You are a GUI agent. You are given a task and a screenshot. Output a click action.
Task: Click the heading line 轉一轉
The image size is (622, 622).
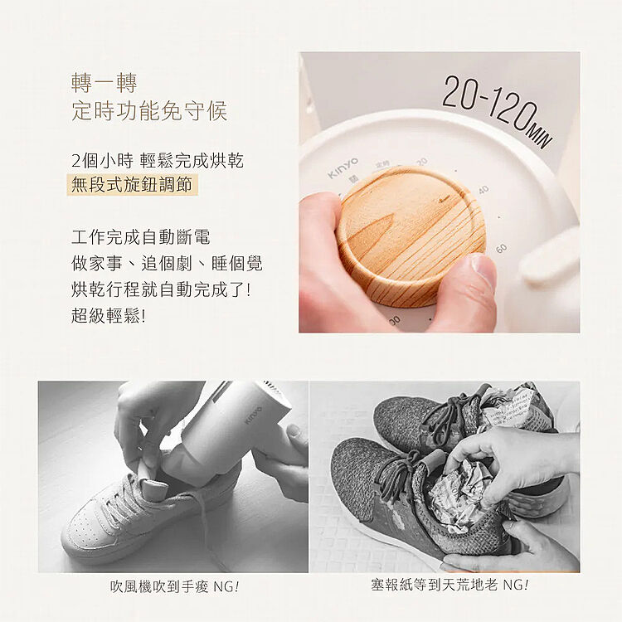point(104,83)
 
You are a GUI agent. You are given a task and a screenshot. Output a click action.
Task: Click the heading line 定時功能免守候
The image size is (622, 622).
point(149,110)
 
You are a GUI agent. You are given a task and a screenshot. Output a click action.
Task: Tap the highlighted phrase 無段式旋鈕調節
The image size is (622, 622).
point(132,185)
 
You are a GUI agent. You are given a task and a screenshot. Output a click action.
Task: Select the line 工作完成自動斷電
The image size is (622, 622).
point(140,237)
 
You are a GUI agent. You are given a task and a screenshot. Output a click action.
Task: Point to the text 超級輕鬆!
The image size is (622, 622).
point(109,316)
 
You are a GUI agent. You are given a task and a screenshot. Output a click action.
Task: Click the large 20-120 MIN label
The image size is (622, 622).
point(497,111)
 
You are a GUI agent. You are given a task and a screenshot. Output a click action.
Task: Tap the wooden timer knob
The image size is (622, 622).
point(411,235)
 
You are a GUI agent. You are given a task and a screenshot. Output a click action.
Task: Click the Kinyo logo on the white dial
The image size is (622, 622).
point(343,168)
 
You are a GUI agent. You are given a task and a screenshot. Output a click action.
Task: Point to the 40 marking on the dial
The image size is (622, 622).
point(483,191)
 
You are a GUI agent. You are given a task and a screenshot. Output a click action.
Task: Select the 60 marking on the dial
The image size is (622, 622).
point(501,249)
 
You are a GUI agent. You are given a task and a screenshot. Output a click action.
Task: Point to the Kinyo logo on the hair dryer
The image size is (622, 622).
point(253,415)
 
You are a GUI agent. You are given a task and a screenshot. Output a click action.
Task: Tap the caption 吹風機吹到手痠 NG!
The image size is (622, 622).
point(175,586)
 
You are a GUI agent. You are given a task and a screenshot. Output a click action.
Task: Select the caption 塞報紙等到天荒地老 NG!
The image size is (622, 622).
point(449,585)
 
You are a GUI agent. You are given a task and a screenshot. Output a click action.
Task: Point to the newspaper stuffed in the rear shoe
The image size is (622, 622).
point(516,409)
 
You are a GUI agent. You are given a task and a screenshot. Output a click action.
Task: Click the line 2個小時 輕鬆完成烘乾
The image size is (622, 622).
point(157,160)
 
